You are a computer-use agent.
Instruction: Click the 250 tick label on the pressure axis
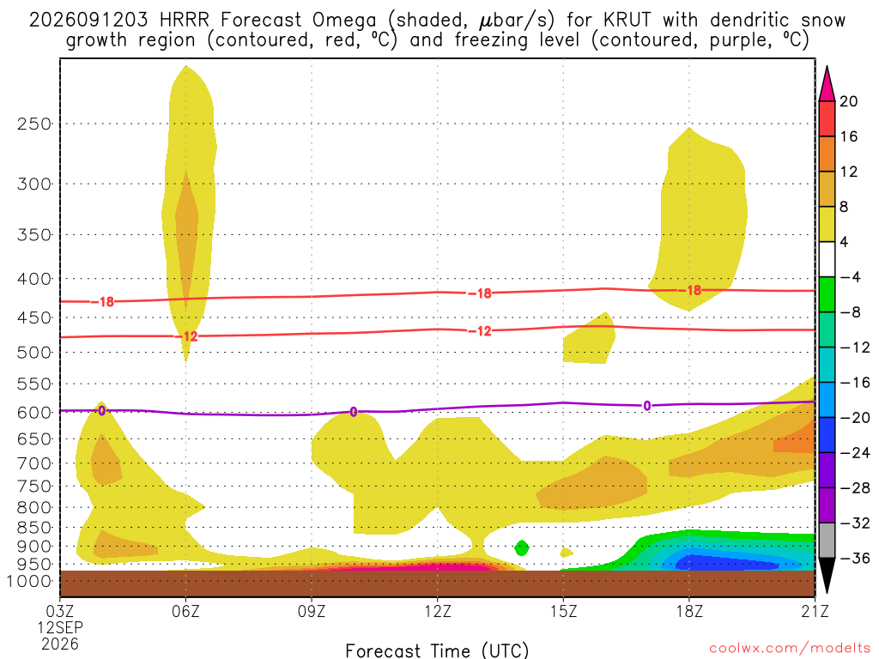34,124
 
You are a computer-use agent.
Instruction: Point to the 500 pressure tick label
34,353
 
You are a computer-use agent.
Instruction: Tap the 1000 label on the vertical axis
30,582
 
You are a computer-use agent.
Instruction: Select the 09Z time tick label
312,611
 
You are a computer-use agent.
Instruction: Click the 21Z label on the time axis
815,611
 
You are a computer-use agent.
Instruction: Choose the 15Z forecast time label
563,611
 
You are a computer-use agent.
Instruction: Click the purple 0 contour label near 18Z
647,406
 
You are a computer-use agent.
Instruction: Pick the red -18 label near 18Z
690,290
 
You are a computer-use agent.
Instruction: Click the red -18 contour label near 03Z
103,302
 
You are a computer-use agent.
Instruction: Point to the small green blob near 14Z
521,547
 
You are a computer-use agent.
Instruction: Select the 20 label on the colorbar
848,101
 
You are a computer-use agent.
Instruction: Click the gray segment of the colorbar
827,541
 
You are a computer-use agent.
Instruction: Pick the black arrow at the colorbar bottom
827,574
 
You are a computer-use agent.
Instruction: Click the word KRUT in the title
627,21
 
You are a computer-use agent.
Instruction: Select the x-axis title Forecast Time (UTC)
437,650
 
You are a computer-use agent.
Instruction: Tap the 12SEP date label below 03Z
61,627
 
